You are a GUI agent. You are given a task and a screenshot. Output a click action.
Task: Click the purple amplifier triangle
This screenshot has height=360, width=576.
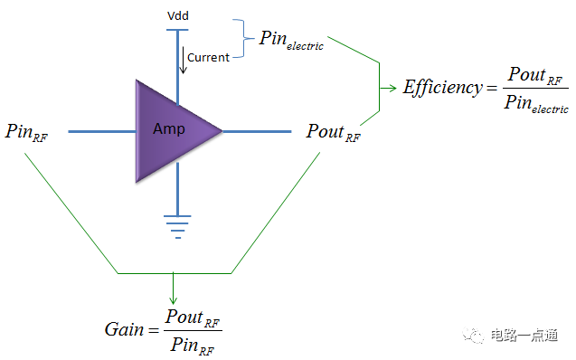172,130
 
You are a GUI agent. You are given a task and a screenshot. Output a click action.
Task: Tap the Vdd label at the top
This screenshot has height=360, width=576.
179,16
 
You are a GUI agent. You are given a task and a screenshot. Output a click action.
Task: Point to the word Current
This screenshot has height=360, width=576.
208,58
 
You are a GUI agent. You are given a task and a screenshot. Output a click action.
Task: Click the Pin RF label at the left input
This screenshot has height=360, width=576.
27,132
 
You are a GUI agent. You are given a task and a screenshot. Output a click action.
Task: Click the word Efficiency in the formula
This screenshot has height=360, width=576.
444,89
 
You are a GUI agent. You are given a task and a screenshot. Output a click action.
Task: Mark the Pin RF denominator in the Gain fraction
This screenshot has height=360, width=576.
193,345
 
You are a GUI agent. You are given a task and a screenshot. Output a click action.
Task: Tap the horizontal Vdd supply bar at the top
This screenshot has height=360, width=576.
177,29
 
